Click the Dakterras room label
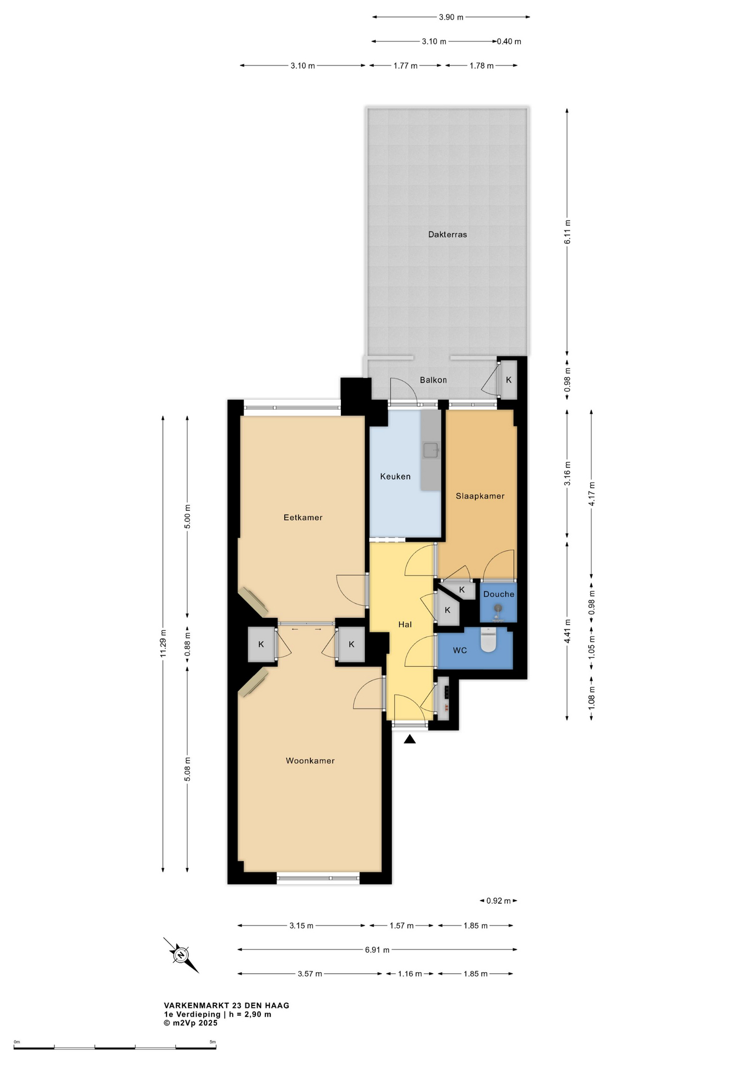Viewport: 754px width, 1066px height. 448,234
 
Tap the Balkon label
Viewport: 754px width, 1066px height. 433,380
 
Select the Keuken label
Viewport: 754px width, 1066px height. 395,476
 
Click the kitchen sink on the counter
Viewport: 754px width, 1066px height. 431,450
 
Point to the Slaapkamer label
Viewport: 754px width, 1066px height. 480,496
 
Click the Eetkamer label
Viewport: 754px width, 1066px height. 303,517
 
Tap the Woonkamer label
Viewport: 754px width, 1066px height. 310,761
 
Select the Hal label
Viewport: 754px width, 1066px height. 405,625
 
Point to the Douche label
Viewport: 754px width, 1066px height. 499,594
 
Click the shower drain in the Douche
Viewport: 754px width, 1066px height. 498,609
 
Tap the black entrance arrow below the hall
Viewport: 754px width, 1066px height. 410,739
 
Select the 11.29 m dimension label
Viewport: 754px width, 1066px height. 163,643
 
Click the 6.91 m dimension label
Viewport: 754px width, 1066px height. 377,950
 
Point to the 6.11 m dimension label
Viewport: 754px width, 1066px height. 567,232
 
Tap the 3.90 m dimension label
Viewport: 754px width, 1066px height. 451,17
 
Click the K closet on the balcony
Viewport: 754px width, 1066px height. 509,380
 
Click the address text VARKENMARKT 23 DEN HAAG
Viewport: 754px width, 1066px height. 227,1005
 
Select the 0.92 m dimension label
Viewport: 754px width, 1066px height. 499,901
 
